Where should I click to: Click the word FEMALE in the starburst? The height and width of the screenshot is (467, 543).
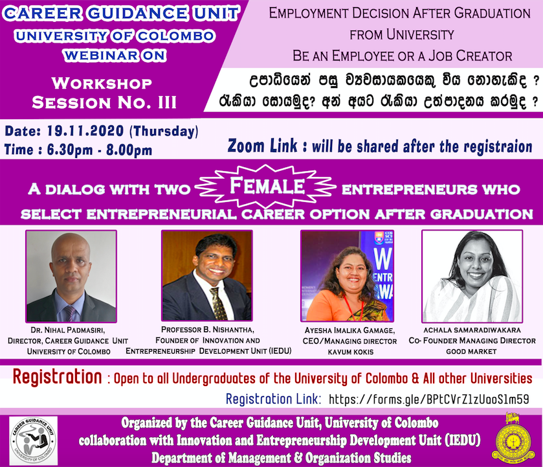pyautogui.click(x=267, y=185)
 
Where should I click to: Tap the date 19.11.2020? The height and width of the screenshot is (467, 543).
pyautogui.click(x=85, y=131)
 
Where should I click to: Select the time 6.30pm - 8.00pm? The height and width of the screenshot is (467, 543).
pyautogui.click(x=100, y=150)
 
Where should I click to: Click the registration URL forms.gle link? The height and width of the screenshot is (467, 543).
pyautogui.click(x=428, y=400)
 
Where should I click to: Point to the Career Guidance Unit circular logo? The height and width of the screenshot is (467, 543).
pyautogui.click(x=33, y=441)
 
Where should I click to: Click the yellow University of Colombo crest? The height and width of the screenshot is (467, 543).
pyautogui.click(x=513, y=438)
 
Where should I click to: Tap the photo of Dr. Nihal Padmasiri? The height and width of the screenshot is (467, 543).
pyautogui.click(x=71, y=277)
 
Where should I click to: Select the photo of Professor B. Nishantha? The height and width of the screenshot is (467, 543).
pyautogui.click(x=206, y=276)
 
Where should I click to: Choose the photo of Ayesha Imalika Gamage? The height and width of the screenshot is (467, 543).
pyautogui.click(x=348, y=276)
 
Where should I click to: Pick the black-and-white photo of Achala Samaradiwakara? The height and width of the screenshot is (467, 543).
pyautogui.click(x=472, y=277)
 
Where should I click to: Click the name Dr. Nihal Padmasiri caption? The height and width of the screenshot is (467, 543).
pyautogui.click(x=68, y=330)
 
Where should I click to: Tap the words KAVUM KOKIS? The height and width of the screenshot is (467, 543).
pyautogui.click(x=350, y=352)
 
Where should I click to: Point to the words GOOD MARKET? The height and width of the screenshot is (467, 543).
pyautogui.click(x=471, y=352)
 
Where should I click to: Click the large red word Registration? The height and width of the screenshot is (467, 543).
pyautogui.click(x=58, y=377)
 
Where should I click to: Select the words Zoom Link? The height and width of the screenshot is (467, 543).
pyautogui.click(x=263, y=146)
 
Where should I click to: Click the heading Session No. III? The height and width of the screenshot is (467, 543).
pyautogui.click(x=104, y=102)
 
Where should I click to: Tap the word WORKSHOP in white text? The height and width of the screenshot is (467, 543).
pyautogui.click(x=102, y=83)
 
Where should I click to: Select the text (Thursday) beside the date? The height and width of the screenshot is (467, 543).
pyautogui.click(x=164, y=131)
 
